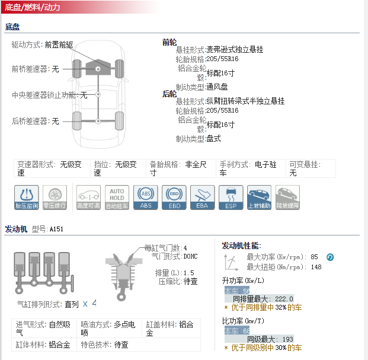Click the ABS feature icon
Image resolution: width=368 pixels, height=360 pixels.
pos(146,197)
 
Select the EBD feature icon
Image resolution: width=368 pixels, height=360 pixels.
pos(174,197)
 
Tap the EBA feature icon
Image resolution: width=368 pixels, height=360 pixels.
pos(203,197)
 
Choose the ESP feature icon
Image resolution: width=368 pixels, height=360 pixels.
pos(231,197)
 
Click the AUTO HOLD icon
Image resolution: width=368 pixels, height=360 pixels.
pos(117,197)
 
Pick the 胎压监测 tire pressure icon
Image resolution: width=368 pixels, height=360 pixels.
pos(27,197)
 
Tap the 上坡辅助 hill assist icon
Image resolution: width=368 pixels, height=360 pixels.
pos(259,197)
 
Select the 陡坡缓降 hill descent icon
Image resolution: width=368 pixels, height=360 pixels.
pos(287,197)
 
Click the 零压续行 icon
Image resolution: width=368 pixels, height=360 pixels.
pos(55,197)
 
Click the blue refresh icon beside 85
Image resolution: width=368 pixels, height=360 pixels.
pos(330,257)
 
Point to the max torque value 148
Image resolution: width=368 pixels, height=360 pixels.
pos(316,267)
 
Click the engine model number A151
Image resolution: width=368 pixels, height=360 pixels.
pos(56,229)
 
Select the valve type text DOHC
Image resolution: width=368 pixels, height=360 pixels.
pos(191,256)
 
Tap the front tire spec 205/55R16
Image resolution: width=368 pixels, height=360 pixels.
pos(222,60)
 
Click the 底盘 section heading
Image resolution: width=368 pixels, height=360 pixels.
pos(12,27)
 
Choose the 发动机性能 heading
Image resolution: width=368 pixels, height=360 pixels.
pos(241,246)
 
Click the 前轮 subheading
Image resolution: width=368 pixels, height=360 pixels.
pos(169,42)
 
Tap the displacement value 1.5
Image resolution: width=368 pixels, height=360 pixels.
pos(189,273)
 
